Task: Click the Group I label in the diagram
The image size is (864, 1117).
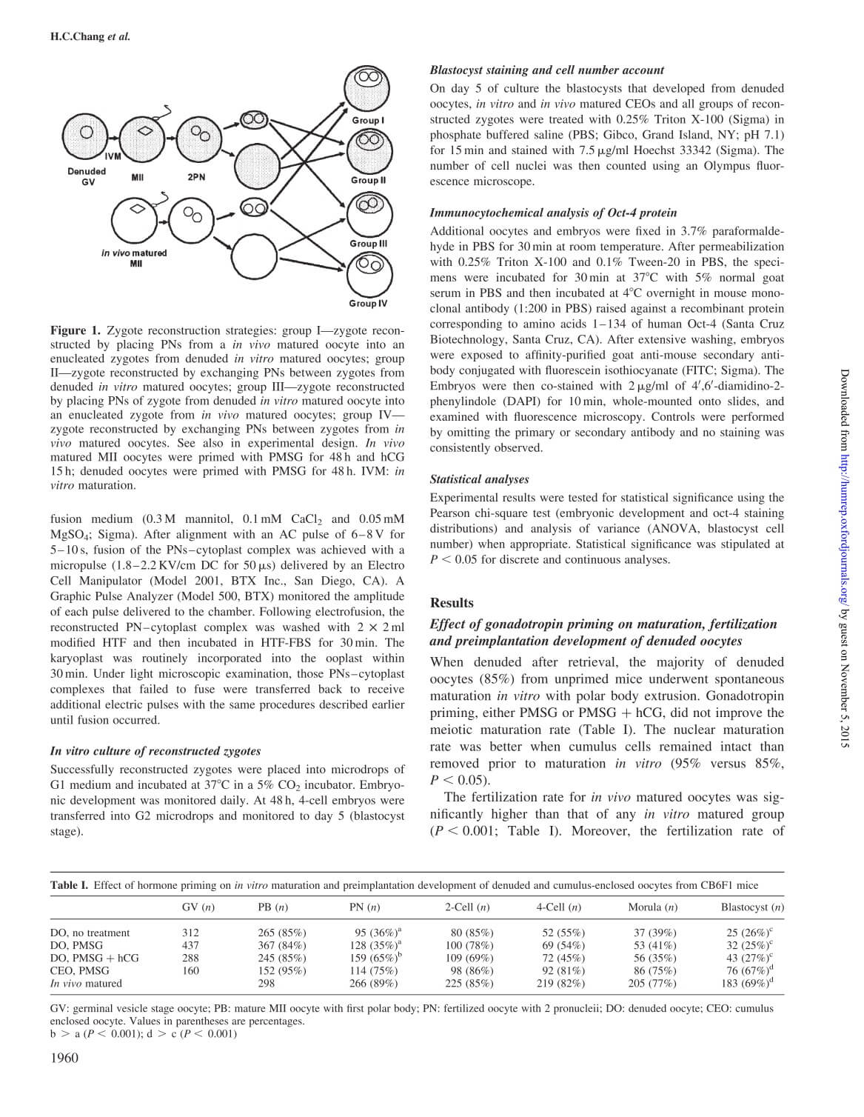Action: coord(367,120)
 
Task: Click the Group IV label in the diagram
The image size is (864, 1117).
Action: coord(368,303)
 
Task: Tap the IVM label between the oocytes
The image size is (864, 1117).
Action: coord(113,156)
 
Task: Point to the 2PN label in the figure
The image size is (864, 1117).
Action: coord(196,176)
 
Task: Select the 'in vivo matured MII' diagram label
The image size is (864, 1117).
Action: coord(134,258)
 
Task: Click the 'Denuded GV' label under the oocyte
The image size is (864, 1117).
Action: coord(87,176)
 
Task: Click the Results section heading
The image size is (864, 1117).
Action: coord(452,603)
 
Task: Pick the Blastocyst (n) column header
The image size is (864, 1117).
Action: coord(752,907)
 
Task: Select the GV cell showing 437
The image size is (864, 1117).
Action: coord(190,945)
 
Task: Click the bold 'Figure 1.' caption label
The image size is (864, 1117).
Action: coord(74,330)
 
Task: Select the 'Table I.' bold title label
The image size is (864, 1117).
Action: coord(69,884)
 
